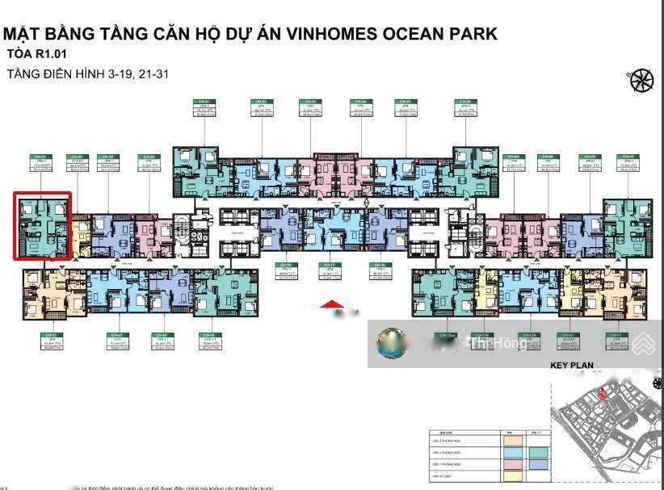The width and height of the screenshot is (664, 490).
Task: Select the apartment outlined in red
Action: pos(43,226)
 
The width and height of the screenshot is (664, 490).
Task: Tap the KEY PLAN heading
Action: pos(572,366)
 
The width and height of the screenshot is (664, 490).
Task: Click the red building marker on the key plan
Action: pos(602,394)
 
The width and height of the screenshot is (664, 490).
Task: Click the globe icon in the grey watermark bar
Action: pos(392,344)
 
